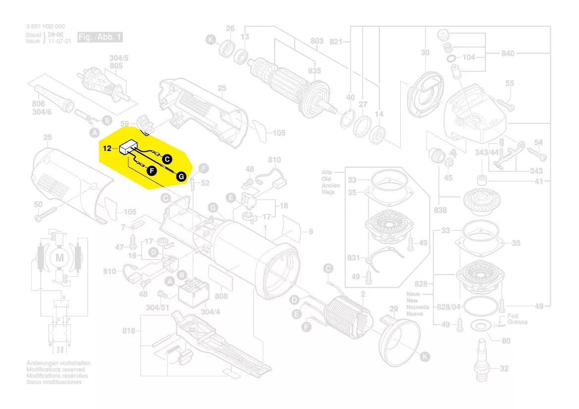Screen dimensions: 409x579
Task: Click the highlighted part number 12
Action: tap(107, 149)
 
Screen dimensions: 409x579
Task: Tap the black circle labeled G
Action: tap(181, 176)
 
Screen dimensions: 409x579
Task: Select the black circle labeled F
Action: tap(152, 170)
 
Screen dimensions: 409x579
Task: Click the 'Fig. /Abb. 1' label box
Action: tap(100, 38)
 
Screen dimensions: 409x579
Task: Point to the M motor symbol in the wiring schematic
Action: tap(60, 257)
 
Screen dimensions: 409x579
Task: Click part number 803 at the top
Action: tap(316, 41)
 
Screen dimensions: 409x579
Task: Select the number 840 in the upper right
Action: tap(508, 53)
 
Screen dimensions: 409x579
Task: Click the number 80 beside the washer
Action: tap(506, 341)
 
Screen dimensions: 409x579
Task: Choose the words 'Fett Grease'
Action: tap(517, 319)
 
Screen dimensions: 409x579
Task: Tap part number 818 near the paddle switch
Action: tap(129, 331)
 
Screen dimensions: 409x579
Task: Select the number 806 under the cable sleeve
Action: tap(38, 104)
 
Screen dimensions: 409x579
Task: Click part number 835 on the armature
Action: tap(315, 71)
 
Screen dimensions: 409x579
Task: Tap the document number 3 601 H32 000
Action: tap(45, 26)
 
